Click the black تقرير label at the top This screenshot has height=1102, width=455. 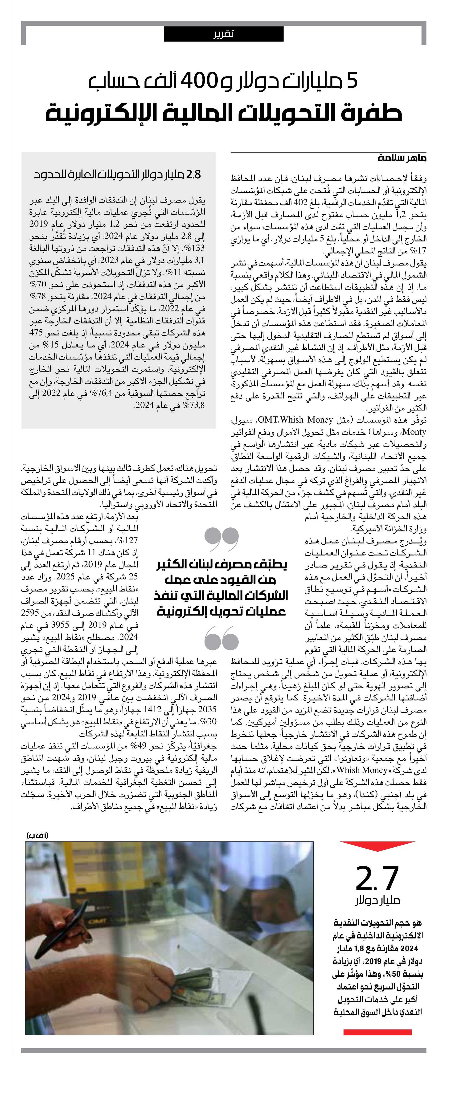click(x=223, y=34)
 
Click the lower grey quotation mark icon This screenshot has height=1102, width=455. click(x=222, y=638)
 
